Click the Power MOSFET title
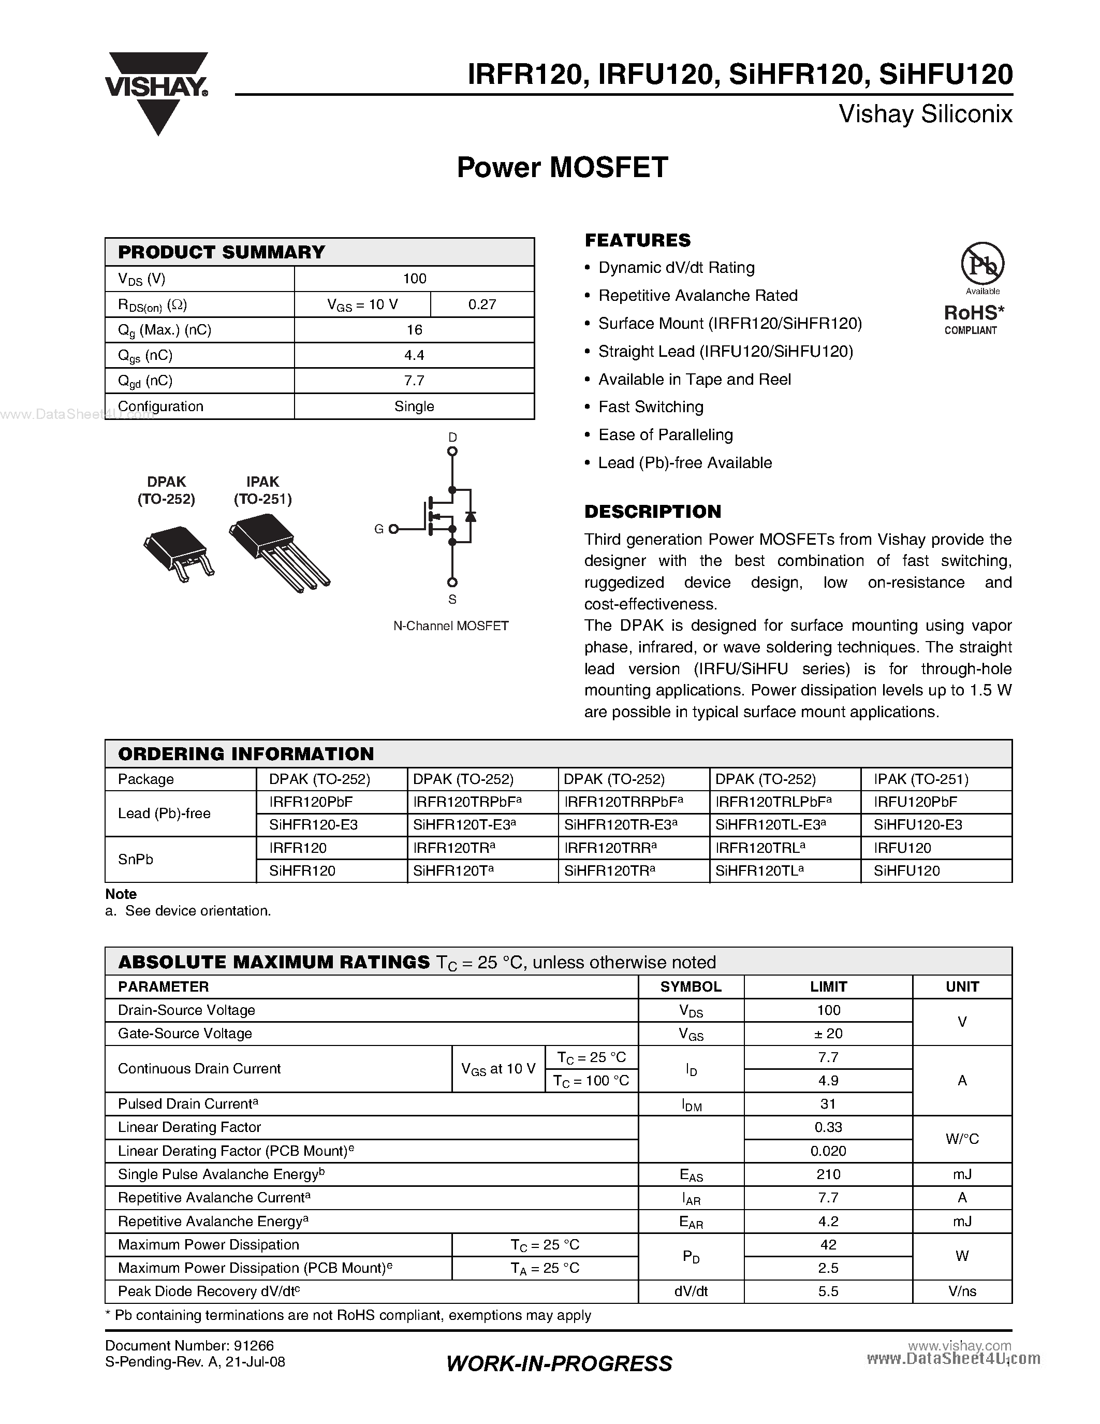tap(562, 167)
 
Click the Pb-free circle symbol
tap(982, 264)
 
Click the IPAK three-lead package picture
tap(279, 551)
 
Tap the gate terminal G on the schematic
tap(393, 529)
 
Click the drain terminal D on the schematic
tap(452, 451)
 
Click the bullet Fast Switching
tap(650, 407)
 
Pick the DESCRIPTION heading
tap(652, 512)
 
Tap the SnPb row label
tap(136, 860)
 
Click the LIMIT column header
tap(828, 986)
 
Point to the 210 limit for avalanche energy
tap(828, 1174)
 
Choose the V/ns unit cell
tap(962, 1291)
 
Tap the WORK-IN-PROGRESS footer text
tap(559, 1363)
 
